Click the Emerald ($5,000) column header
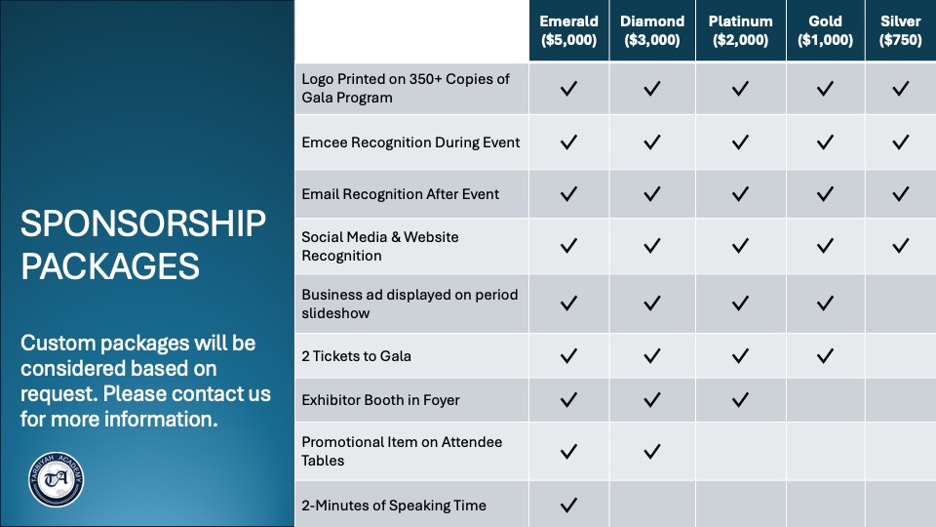pyautogui.click(x=568, y=30)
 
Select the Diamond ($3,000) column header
pyautogui.click(x=652, y=30)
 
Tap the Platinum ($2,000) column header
pyautogui.click(x=740, y=30)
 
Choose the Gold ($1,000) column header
pyautogui.click(x=825, y=30)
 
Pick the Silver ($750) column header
pyautogui.click(x=900, y=30)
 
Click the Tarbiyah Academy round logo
pyautogui.click(x=57, y=479)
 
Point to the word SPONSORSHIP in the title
pyautogui.click(x=143, y=224)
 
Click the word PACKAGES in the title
pyautogui.click(x=110, y=266)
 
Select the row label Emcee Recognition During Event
pyautogui.click(x=410, y=142)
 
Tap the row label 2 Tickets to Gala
pyautogui.click(x=357, y=356)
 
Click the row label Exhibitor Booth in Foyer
pyautogui.click(x=380, y=400)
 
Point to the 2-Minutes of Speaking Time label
pyautogui.click(x=394, y=506)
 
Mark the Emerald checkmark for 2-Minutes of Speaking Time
pyautogui.click(x=568, y=505)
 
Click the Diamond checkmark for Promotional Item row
pyautogui.click(x=652, y=451)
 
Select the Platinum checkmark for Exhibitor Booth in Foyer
pyautogui.click(x=740, y=400)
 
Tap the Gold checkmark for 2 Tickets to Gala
pyautogui.click(x=825, y=356)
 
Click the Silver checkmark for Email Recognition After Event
pyautogui.click(x=900, y=193)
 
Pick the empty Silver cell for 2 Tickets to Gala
pyautogui.click(x=900, y=356)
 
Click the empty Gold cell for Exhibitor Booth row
pyautogui.click(x=825, y=400)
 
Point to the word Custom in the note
pyautogui.click(x=58, y=343)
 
